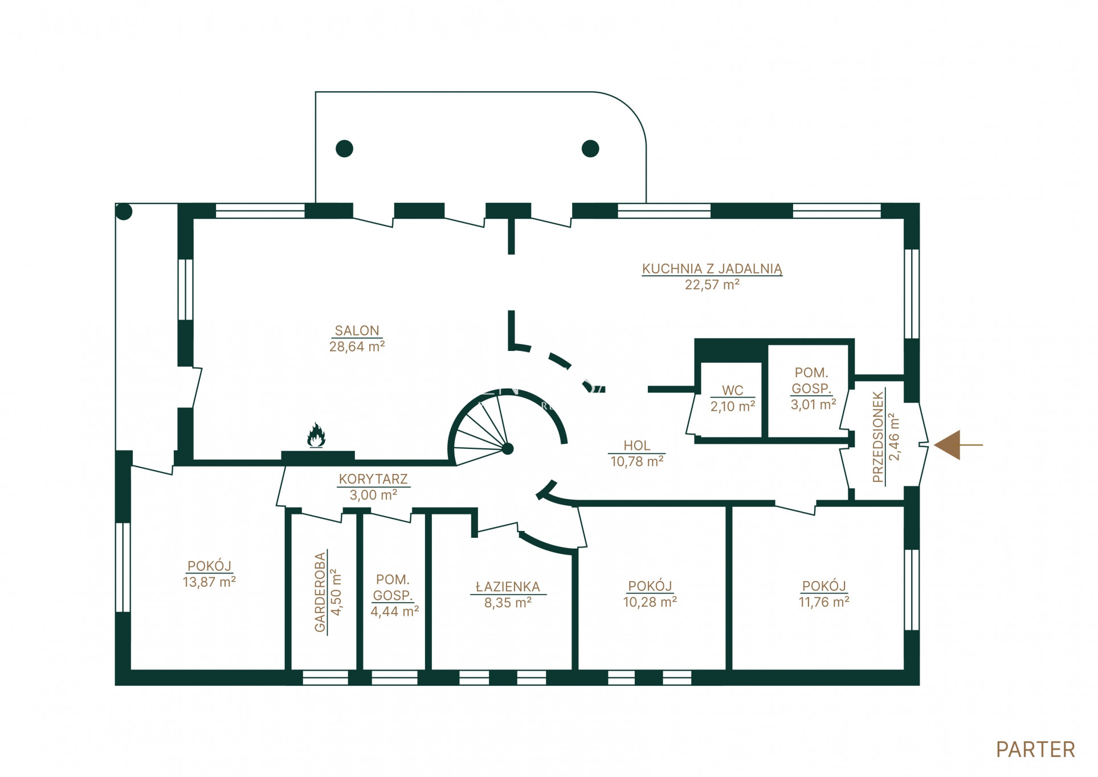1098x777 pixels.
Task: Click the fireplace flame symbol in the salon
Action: pyautogui.click(x=316, y=435)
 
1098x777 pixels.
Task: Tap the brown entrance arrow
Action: pyautogui.click(x=958, y=445)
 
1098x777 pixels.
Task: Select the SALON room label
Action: pyautogui.click(x=357, y=331)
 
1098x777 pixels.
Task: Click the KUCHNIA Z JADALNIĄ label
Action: pyautogui.click(x=712, y=269)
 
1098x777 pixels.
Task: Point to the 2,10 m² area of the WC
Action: pyautogui.click(x=732, y=406)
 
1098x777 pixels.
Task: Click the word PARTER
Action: pyautogui.click(x=1035, y=750)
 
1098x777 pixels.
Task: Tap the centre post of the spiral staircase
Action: pyautogui.click(x=508, y=449)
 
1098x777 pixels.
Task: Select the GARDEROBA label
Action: pyautogui.click(x=321, y=592)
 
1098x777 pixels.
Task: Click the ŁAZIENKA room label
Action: pyautogui.click(x=508, y=587)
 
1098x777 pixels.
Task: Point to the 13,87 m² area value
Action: pyautogui.click(x=209, y=582)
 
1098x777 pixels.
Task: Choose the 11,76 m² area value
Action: pyautogui.click(x=824, y=602)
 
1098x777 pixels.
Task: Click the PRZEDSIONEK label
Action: pyautogui.click(x=878, y=437)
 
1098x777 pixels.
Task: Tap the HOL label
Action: pyautogui.click(x=636, y=445)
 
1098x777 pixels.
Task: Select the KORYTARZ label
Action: pyautogui.click(x=373, y=479)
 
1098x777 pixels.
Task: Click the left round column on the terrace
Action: pyautogui.click(x=344, y=149)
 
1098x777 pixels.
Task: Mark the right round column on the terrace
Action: pyautogui.click(x=590, y=149)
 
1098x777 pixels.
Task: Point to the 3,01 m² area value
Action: pyautogui.click(x=813, y=404)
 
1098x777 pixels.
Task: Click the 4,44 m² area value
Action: pyautogui.click(x=395, y=611)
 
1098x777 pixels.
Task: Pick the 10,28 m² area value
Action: pyautogui.click(x=650, y=602)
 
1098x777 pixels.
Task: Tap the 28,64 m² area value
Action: pyautogui.click(x=357, y=346)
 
